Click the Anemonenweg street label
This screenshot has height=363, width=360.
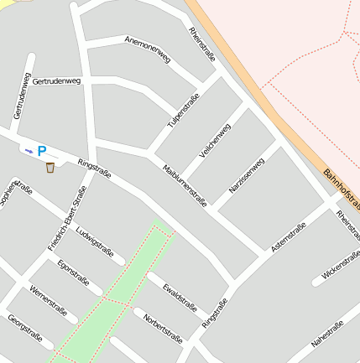pos(148,49)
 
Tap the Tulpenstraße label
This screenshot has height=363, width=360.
pos(184,111)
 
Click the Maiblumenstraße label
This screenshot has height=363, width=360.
pos(185,184)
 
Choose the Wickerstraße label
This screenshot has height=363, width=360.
pos(340,262)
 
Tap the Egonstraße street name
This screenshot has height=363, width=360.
pos(73,272)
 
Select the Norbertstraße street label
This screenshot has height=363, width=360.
pos(163,329)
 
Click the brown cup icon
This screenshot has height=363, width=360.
pos(50,168)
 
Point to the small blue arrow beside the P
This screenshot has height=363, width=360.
pos(29,152)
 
